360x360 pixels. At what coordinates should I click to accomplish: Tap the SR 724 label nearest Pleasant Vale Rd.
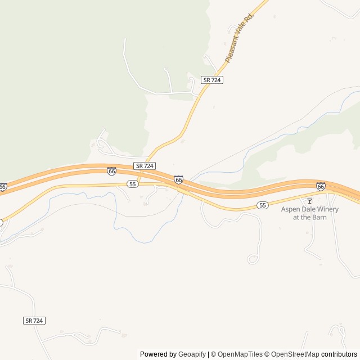[x=212, y=80]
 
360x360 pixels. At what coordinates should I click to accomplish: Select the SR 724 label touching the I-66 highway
[x=145, y=166]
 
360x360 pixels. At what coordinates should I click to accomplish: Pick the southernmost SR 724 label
[x=34, y=320]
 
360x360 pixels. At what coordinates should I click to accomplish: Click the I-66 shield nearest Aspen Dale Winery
[x=321, y=186]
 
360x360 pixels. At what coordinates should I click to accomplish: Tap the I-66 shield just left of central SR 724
[x=111, y=171]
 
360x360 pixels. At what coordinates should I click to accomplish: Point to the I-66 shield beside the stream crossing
[x=178, y=179]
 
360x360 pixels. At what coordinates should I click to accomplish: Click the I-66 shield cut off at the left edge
[x=3, y=186]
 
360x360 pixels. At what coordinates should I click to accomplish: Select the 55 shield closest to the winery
[x=262, y=205]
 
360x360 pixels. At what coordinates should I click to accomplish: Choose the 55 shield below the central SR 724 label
[x=132, y=184]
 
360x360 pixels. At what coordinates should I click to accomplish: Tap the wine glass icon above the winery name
[x=309, y=201]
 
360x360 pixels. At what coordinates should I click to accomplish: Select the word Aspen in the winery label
[x=291, y=209]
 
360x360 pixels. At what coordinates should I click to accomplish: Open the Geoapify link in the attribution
[x=192, y=354]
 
